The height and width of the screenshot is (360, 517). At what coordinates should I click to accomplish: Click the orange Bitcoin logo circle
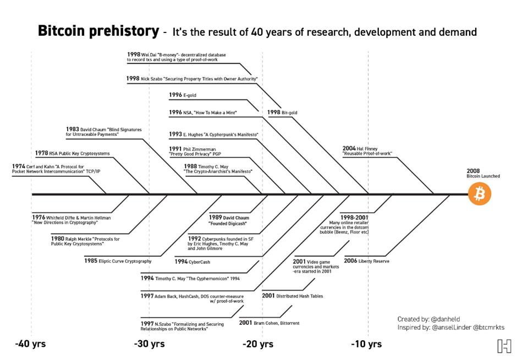[x=480, y=194]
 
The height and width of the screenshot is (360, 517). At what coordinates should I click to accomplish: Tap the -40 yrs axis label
[x=30, y=344]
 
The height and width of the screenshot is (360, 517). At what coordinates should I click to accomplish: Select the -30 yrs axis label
[x=149, y=344]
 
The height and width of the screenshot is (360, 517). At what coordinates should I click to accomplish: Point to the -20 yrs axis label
[x=258, y=344]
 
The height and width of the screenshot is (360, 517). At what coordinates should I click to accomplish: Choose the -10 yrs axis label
[x=366, y=344]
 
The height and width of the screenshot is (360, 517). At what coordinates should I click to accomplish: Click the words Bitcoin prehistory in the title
[x=98, y=31]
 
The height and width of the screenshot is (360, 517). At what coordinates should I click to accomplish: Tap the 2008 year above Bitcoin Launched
[x=473, y=171]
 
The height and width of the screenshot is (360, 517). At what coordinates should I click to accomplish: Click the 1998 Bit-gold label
[x=282, y=113]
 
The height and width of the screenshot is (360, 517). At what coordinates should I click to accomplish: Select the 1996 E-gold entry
[x=183, y=95]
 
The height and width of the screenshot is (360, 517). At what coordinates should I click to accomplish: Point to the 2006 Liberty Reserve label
[x=367, y=261]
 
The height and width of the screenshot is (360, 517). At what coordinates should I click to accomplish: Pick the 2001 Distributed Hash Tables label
[x=292, y=296]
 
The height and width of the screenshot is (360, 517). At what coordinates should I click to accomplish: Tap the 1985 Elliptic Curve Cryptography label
[x=118, y=261]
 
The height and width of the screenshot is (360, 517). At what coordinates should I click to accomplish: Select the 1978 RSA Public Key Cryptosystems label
[x=72, y=153]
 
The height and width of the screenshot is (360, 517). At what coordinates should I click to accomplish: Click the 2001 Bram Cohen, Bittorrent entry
[x=269, y=323]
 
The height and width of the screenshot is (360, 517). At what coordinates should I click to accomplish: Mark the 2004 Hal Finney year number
[x=349, y=148]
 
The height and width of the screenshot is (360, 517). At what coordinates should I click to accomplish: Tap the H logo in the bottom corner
[x=504, y=346]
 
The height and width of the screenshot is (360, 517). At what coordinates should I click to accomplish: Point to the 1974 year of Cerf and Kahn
[x=18, y=166]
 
